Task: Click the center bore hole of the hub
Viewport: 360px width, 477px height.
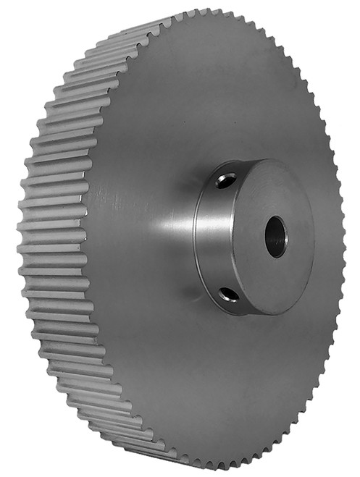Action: [x=276, y=237]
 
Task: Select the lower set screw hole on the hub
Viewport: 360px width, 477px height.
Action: [x=230, y=293]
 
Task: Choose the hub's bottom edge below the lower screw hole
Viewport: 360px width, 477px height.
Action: [x=239, y=310]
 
